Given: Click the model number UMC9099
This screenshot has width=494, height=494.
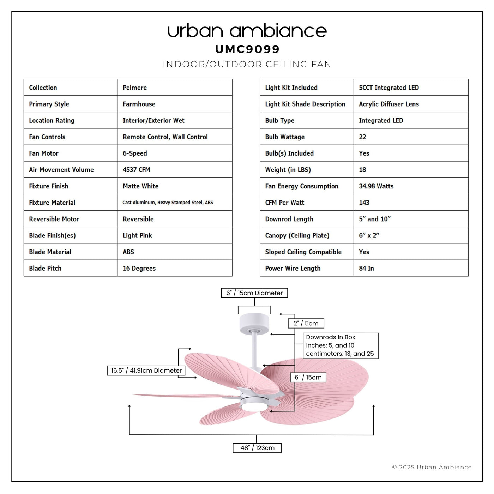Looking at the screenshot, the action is coord(247,49).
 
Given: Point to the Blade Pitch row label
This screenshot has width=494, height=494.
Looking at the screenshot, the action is coord(45,268).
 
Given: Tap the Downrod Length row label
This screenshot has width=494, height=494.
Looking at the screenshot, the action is coord(289,219).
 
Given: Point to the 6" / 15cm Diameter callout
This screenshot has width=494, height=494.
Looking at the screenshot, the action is coord(254,293).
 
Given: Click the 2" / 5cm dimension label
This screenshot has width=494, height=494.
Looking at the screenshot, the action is coord(306,323).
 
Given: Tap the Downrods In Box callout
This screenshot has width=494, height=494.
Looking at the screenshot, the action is coord(340,345).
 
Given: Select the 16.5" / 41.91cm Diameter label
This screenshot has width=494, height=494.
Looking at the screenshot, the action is coord(146,370).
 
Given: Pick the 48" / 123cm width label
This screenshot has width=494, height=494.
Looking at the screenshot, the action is coord(257,448).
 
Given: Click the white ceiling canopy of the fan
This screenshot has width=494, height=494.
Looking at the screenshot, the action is coord(254,324).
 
